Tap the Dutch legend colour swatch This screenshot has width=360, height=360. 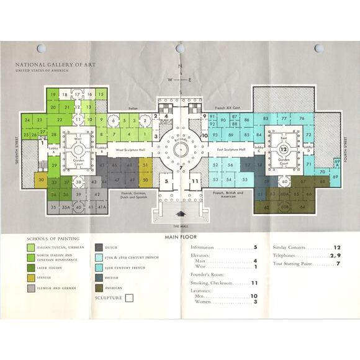point(99,248)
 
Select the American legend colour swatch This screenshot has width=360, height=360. point(99,287)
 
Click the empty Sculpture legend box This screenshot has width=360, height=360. point(129,298)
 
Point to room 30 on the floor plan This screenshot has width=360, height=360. point(41,180)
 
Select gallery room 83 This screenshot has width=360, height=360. point(266,118)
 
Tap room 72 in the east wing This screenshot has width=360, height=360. point(308,134)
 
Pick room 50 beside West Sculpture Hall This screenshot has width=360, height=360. point(145,180)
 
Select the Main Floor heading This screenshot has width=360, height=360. point(181,237)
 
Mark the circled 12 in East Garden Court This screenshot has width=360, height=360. point(282,150)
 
